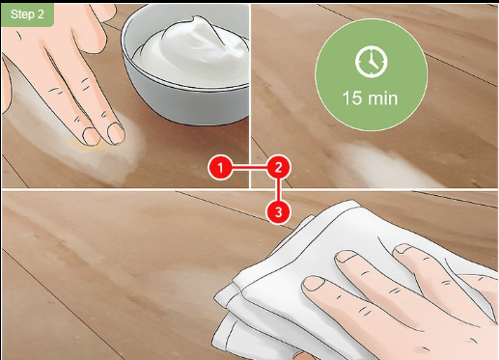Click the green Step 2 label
27,14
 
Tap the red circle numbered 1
220,168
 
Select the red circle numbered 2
278,168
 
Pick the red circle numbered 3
278,212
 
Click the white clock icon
372,62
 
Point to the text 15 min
370,98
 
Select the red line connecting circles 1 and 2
249,168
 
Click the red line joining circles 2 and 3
278,190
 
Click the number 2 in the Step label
41,14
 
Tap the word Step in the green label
22,14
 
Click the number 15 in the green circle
351,98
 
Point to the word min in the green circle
382,98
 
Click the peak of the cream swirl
194,19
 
